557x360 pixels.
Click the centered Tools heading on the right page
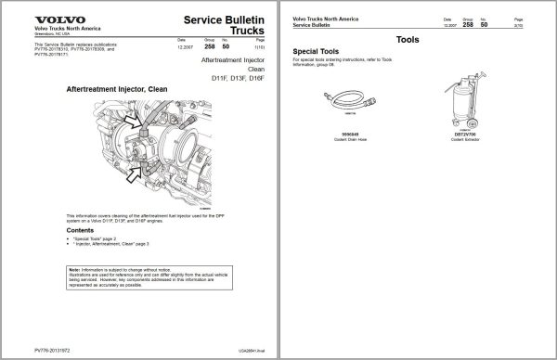tap(408, 40)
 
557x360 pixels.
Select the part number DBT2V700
tap(463, 134)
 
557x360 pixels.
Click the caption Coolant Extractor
tap(463, 139)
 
